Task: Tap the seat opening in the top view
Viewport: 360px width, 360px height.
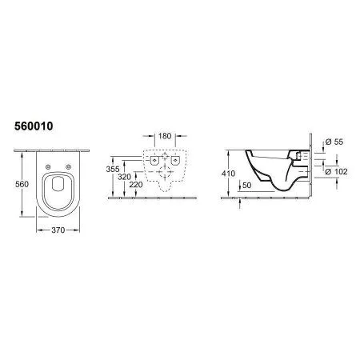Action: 58,192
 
